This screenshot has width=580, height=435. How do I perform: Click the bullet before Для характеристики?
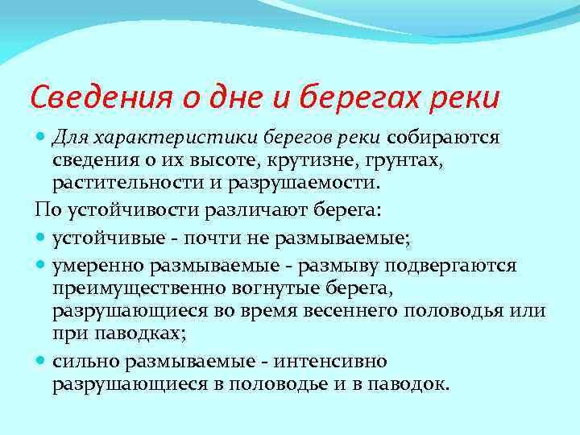(41, 137)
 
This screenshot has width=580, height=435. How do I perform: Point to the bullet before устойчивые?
(41, 238)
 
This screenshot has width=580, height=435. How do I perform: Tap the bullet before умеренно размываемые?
(41, 265)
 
